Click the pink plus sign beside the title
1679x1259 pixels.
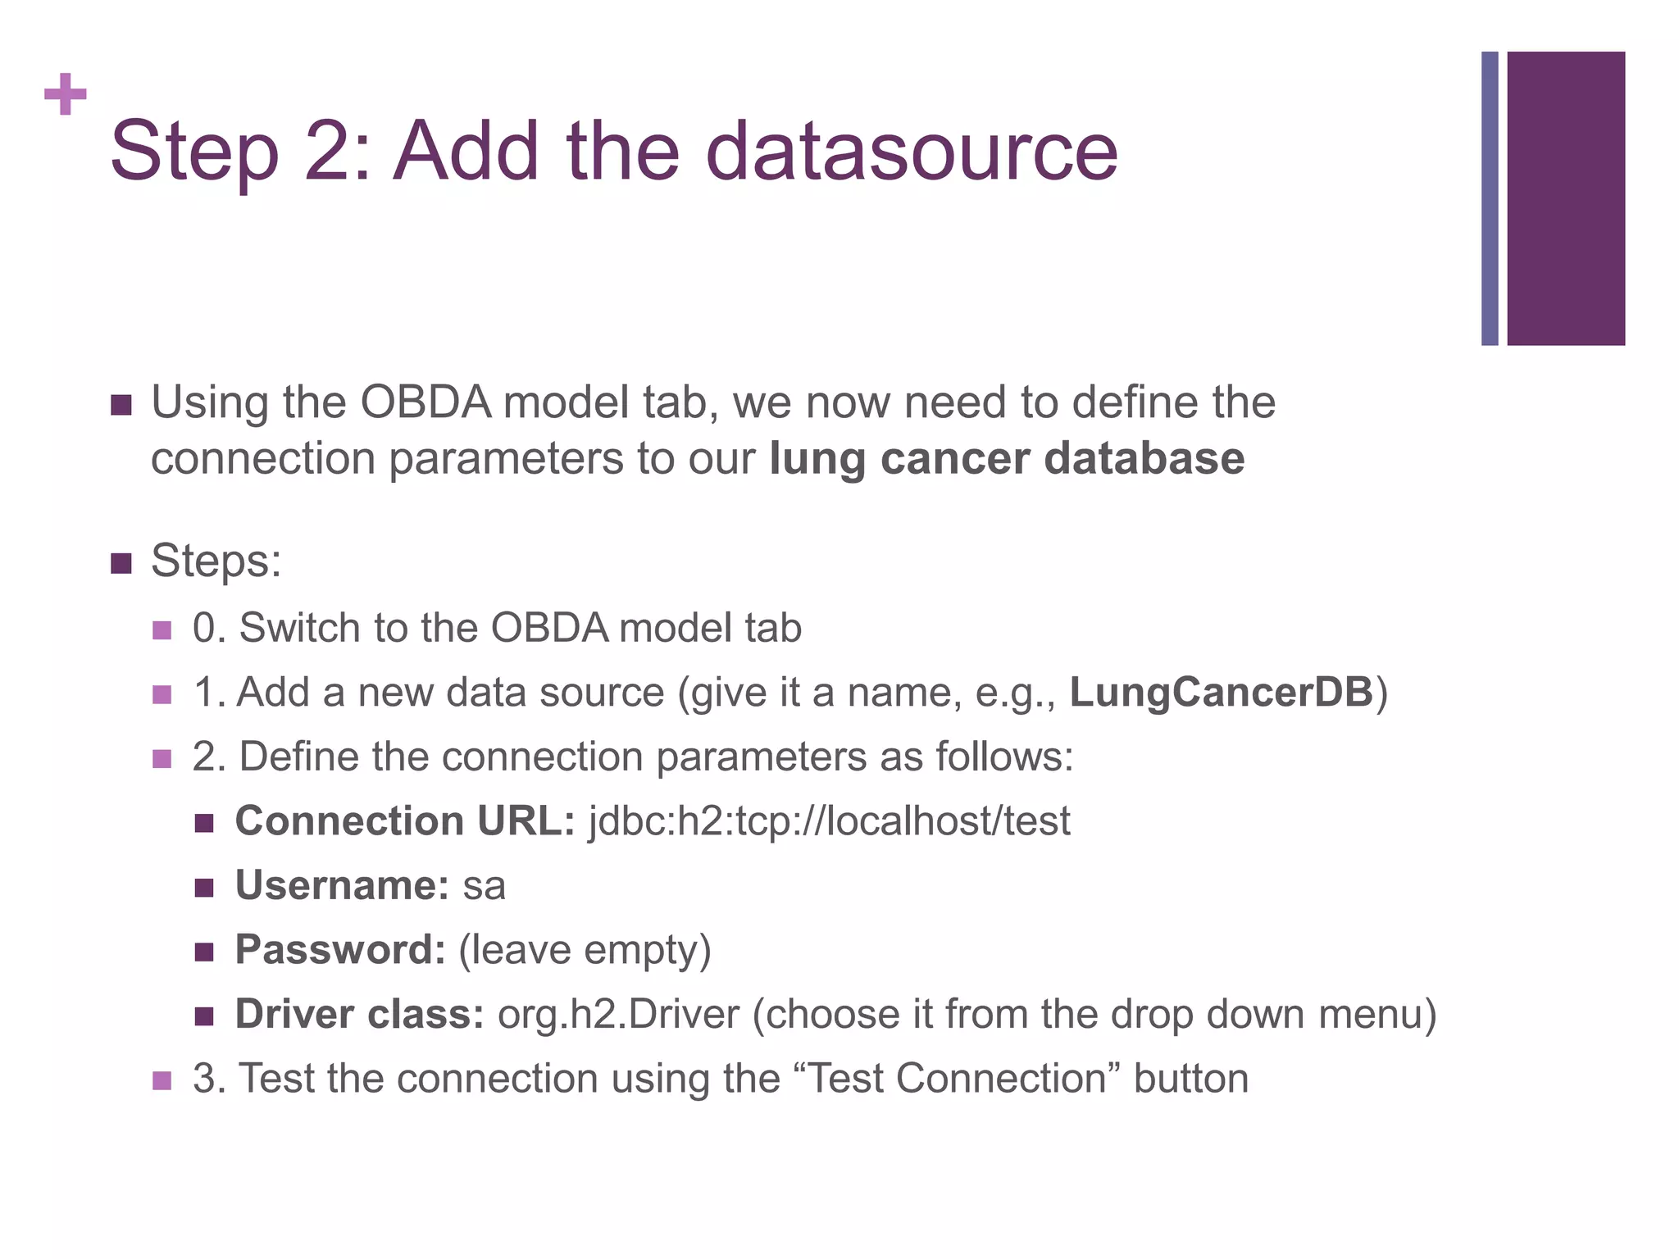(x=66, y=94)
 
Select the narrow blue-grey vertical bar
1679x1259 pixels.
(x=1490, y=198)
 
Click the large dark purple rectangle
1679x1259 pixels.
(x=1566, y=198)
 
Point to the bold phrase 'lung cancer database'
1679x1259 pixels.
(x=1007, y=458)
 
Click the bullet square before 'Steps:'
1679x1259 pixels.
(x=121, y=564)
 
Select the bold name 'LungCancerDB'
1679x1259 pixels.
(x=1221, y=692)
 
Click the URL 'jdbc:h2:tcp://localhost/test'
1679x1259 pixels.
(x=829, y=820)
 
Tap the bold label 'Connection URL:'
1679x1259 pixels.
(x=405, y=820)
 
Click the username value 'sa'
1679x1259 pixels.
(x=484, y=886)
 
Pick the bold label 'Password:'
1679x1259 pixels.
(x=340, y=950)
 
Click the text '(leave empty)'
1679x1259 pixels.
(x=585, y=951)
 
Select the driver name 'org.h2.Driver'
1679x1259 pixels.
(x=618, y=1014)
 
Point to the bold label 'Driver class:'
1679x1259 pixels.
(x=360, y=1014)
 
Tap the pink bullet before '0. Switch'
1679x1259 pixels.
(x=162, y=630)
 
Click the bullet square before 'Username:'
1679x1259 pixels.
(x=204, y=888)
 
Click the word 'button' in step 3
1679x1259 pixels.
(x=1190, y=1078)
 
